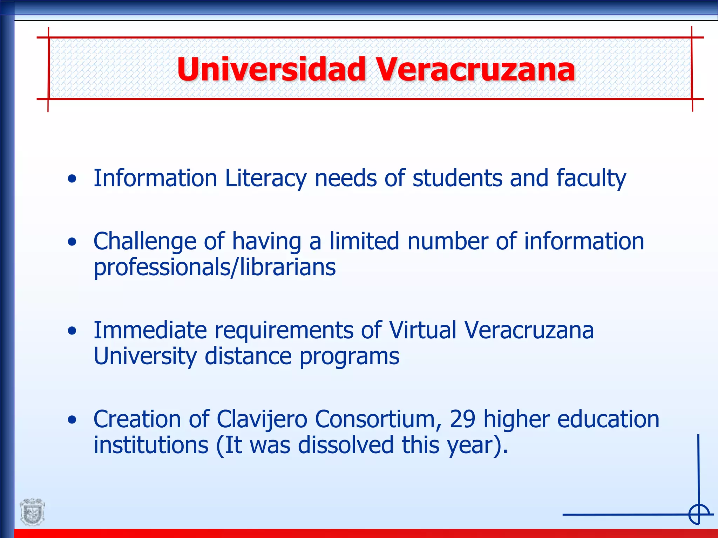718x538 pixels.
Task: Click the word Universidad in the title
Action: [271, 69]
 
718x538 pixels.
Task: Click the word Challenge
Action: [144, 242]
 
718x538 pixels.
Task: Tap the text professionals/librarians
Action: [215, 267]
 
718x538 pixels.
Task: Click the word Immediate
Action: [150, 330]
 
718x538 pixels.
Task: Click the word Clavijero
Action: [262, 419]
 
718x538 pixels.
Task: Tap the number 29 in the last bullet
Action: [462, 419]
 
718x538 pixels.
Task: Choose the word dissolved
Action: [346, 445]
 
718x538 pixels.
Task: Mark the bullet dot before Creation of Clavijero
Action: [72, 420]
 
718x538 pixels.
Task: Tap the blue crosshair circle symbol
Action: [699, 514]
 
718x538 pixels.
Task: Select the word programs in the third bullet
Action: [349, 357]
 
